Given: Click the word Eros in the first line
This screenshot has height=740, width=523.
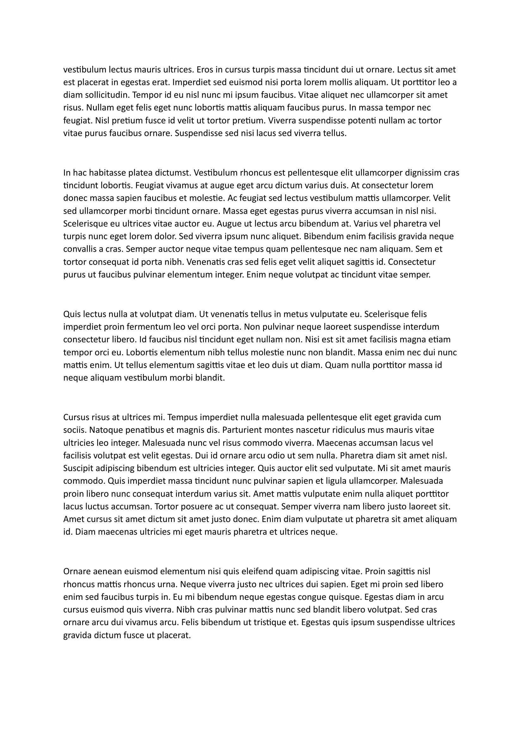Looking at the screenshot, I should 205,70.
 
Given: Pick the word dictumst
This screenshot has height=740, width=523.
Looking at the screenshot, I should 173,173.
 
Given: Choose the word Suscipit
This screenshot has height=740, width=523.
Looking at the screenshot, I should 78,468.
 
